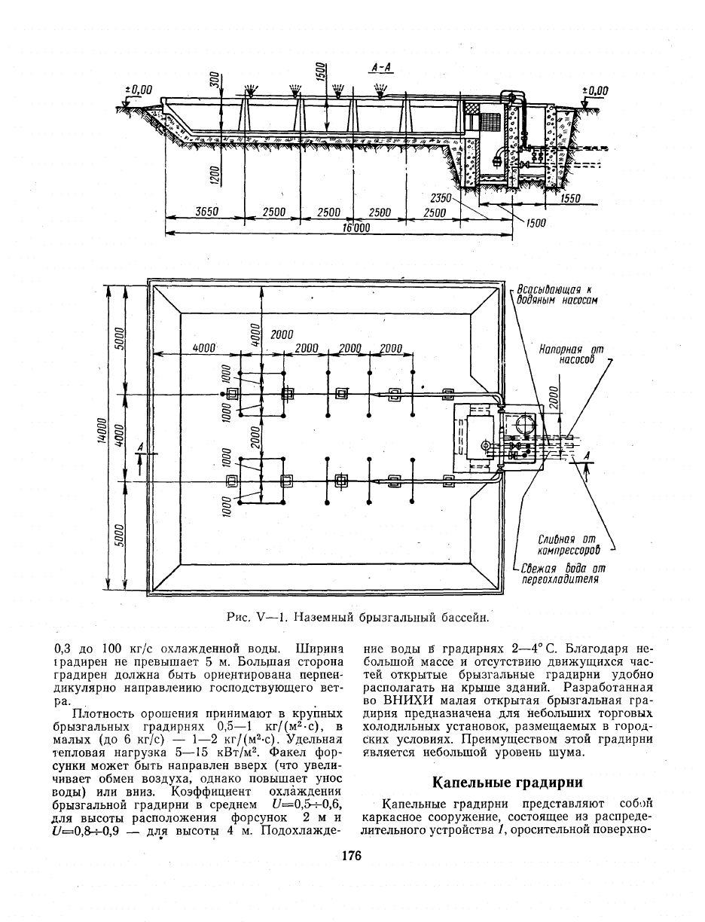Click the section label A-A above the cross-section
[x=380, y=68]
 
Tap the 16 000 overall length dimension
[x=356, y=227]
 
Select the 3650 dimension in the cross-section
[x=206, y=212]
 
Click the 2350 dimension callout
[x=441, y=198]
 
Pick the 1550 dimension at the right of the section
[x=570, y=198]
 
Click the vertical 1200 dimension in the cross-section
[x=214, y=176]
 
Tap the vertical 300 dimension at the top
[x=214, y=79]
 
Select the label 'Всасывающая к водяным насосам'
[x=557, y=295]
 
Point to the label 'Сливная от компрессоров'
[x=569, y=544]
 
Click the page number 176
[x=352, y=856]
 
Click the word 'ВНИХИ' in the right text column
[x=404, y=701]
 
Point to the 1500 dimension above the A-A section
[x=320, y=72]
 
